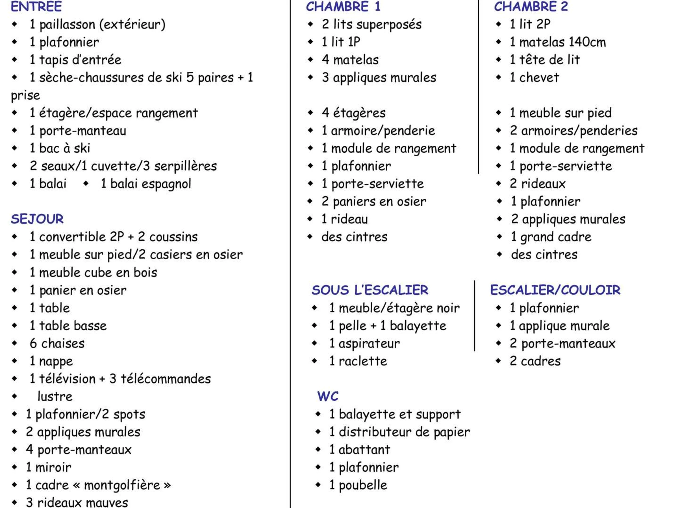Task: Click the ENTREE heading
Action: point(36,6)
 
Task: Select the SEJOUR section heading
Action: point(37,219)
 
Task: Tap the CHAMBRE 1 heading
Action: point(343,6)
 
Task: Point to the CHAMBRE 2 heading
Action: point(531,6)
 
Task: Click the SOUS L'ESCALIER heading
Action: point(370,290)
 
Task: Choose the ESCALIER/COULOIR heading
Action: point(555,290)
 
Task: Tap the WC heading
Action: point(328,396)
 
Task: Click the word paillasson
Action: point(67,25)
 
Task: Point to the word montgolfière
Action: point(122,485)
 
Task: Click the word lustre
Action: point(55,397)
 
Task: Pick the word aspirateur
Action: point(369,343)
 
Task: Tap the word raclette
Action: point(363,361)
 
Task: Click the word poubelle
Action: point(363,485)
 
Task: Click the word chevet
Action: point(539,78)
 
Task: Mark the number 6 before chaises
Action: point(33,343)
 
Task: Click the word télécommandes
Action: point(166,379)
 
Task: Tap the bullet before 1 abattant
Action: point(318,450)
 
